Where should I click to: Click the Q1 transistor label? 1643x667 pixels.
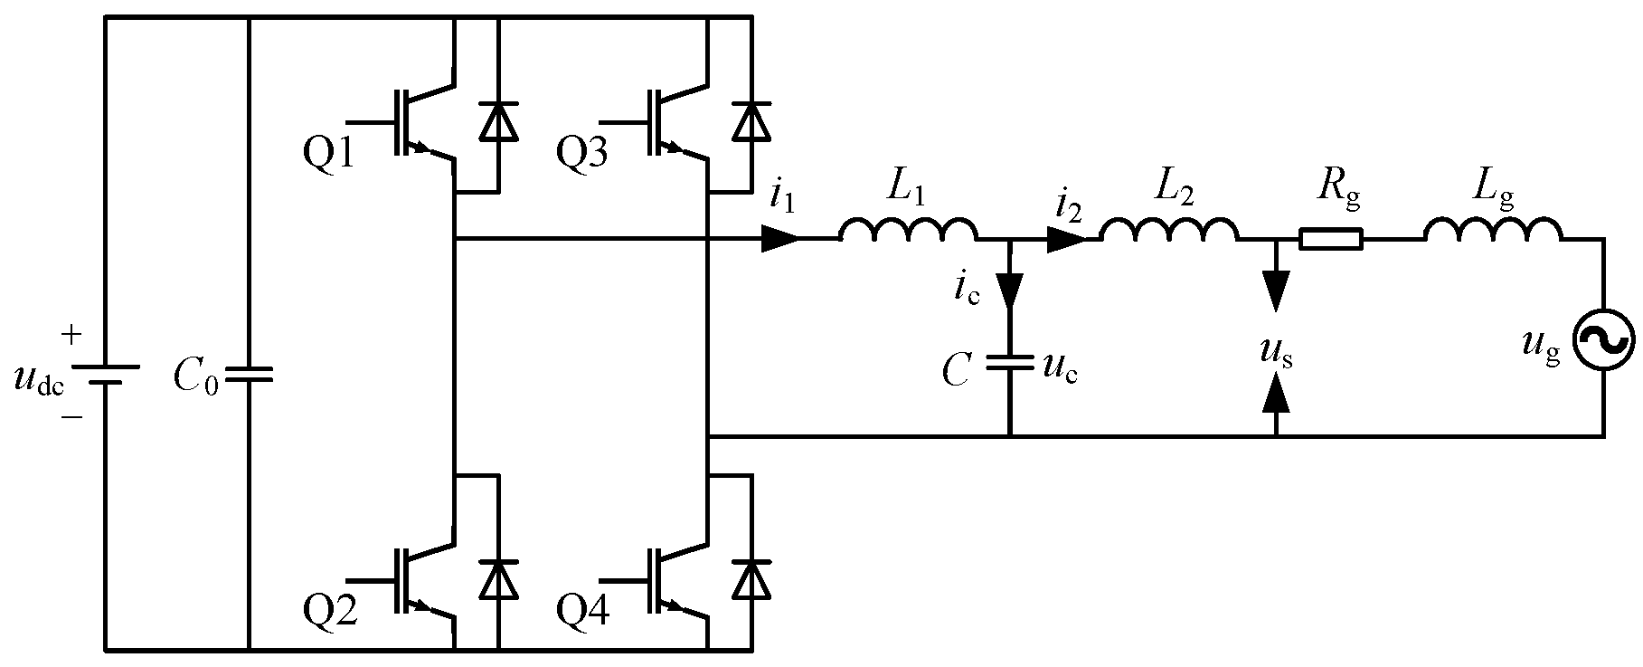click(x=331, y=156)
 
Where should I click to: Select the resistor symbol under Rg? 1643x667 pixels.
click(x=1330, y=240)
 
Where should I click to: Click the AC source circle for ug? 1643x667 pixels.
click(x=1603, y=340)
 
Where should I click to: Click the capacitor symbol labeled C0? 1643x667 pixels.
click(x=249, y=375)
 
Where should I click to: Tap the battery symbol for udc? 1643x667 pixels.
click(x=106, y=375)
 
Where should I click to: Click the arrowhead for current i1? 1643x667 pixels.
click(x=780, y=239)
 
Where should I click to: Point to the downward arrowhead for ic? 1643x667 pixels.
click(x=1009, y=289)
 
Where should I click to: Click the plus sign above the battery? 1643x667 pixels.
click(x=71, y=336)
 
